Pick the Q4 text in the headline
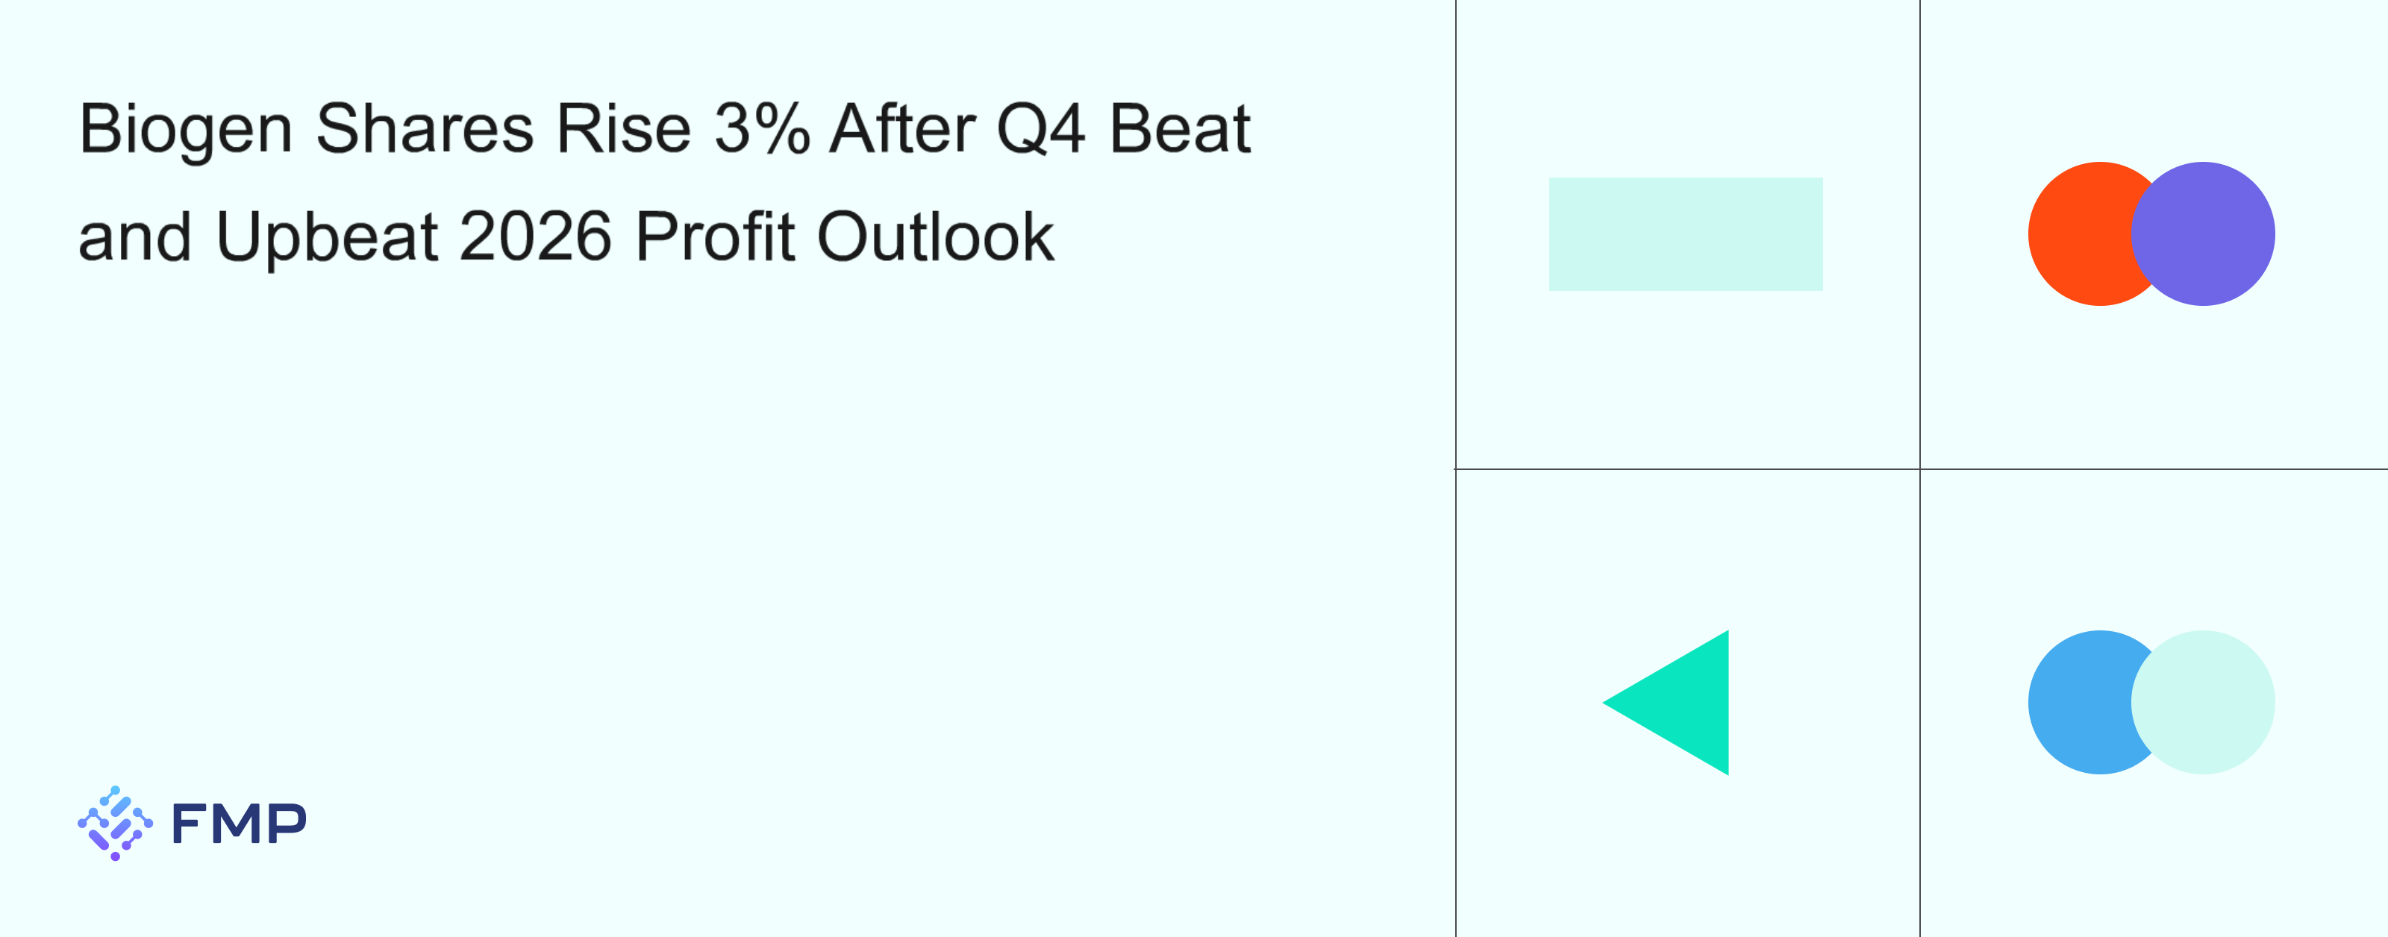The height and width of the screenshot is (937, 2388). (1040, 129)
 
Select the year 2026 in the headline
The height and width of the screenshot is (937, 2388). (535, 236)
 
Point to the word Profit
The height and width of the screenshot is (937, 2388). (715, 236)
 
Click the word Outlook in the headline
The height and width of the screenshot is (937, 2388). (935, 236)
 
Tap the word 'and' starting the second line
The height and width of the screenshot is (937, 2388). (134, 236)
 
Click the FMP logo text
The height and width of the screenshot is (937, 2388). (239, 823)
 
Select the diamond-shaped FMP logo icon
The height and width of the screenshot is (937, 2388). (115, 823)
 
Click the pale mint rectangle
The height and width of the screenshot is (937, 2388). (1685, 234)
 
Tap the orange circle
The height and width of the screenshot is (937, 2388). (2077, 234)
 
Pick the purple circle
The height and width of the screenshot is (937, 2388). (2203, 234)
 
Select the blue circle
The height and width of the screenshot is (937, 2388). (2077, 703)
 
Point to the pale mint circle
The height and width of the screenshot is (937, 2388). (2203, 703)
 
